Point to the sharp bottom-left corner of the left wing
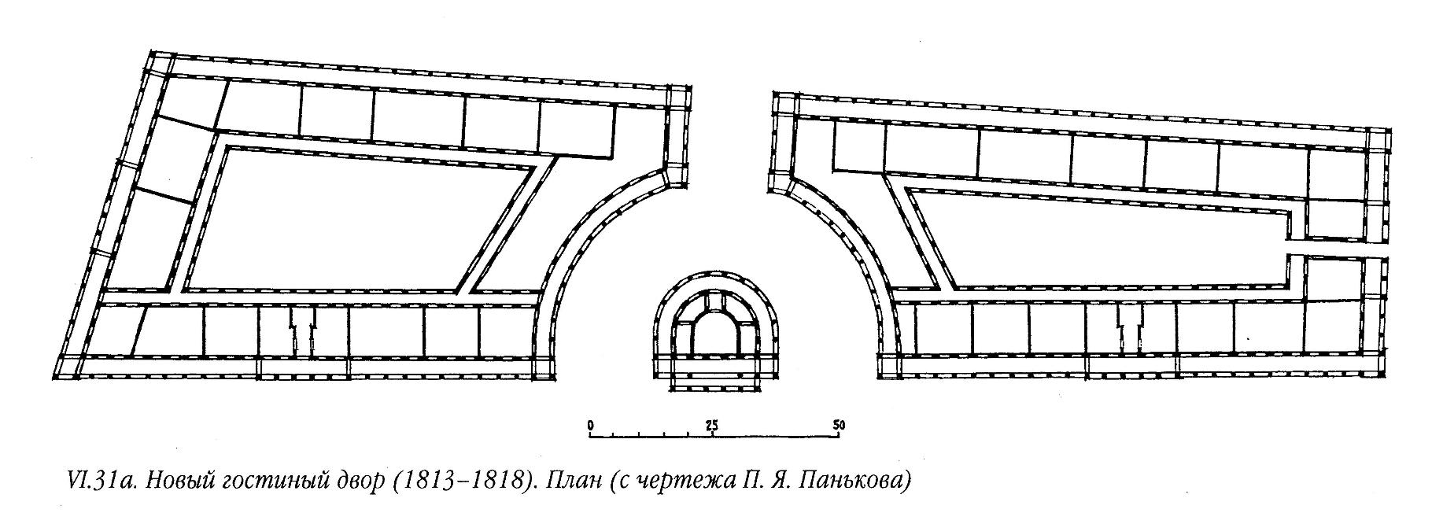pyautogui.click(x=60, y=374)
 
